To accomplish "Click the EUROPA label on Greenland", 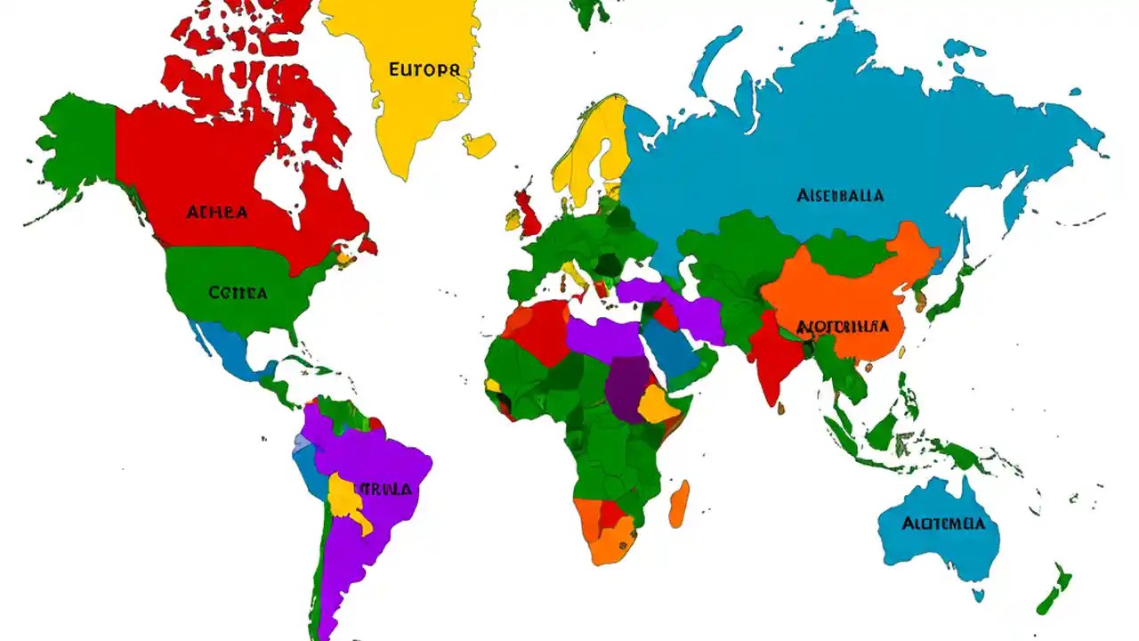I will [424, 69].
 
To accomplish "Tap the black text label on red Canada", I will [217, 212].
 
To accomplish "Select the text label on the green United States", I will [238, 292].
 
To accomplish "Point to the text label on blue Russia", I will [840, 195].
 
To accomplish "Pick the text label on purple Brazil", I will [386, 489].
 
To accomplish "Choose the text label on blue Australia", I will [942, 523].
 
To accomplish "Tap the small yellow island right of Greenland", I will [479, 144].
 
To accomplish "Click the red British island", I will [529, 214].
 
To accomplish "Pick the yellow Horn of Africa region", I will [659, 405].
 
